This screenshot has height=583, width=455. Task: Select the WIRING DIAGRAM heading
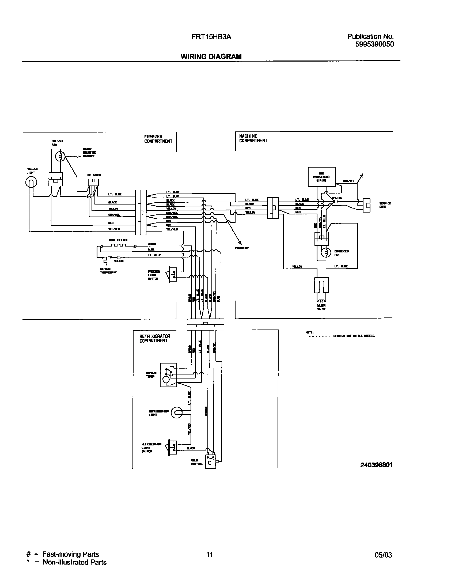point(211,56)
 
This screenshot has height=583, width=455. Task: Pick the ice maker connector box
point(93,182)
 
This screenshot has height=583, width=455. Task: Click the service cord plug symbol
point(366,205)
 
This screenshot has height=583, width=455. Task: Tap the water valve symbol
point(321,285)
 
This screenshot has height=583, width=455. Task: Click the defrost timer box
point(168,375)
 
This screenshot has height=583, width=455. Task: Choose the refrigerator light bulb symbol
point(176,413)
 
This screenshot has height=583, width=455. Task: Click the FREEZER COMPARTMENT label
point(158,139)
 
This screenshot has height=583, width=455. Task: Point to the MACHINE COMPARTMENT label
point(253,138)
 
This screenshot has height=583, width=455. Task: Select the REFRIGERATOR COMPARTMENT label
point(155,338)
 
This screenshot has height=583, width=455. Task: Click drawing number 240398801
point(376,465)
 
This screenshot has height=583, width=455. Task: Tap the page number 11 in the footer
point(210,555)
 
